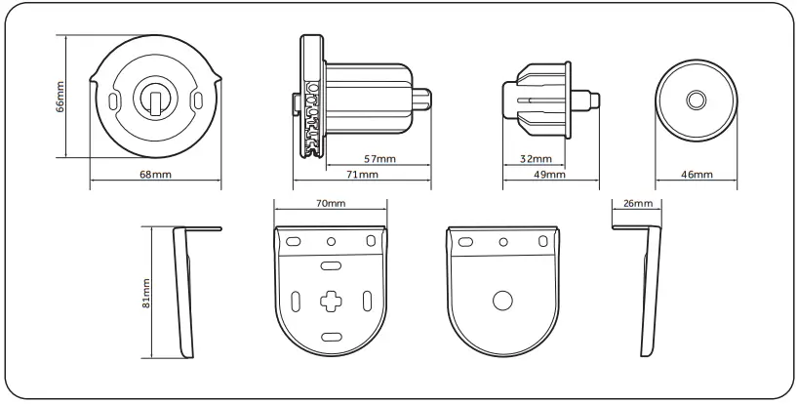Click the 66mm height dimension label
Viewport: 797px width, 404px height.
coord(60,98)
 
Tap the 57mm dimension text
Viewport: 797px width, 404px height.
coord(379,158)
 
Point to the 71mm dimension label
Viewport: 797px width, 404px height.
coord(362,174)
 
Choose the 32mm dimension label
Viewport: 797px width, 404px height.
coord(536,158)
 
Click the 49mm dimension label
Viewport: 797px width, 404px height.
coord(550,174)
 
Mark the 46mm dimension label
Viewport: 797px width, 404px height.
coord(697,174)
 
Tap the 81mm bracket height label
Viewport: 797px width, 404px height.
coord(146,292)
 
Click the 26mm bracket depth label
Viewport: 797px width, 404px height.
coord(636,203)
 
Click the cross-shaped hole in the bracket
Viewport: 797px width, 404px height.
coord(331,302)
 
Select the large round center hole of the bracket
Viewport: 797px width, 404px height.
coord(502,302)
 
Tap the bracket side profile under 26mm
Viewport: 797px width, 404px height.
coord(648,293)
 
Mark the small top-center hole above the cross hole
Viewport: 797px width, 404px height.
coord(331,241)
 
